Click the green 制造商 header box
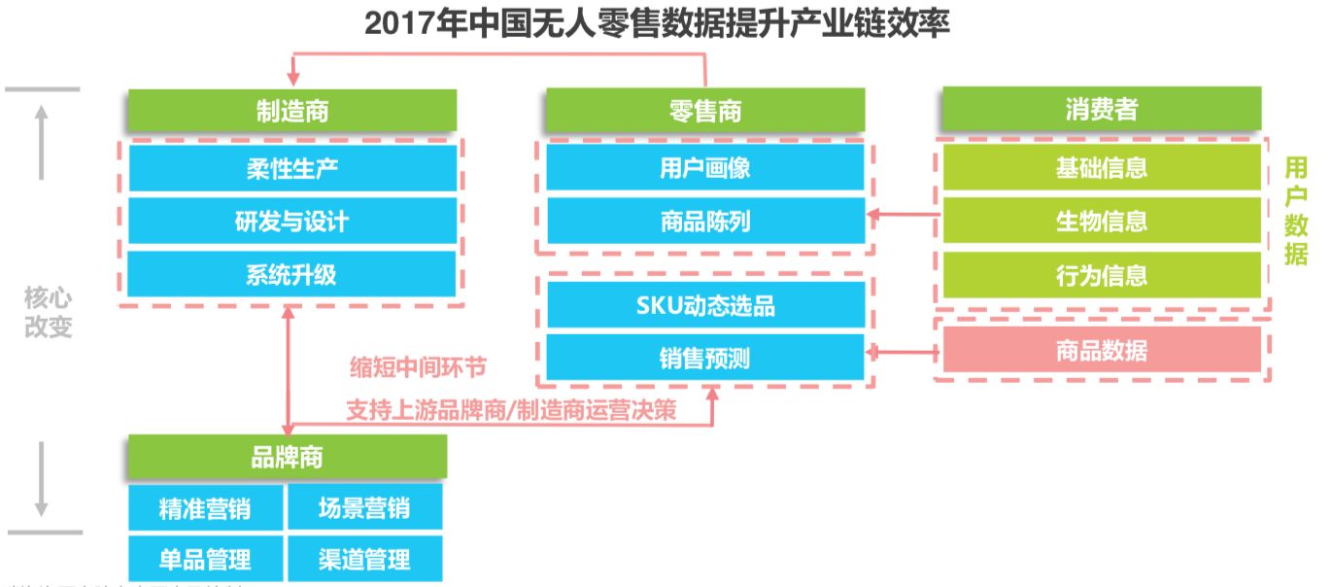(291, 111)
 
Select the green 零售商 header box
(705, 111)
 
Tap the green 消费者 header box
(1100, 110)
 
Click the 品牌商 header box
(287, 457)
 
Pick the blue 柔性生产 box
(291, 168)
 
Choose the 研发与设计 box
(291, 221)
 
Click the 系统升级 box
(291, 274)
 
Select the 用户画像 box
(705, 168)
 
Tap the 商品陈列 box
(705, 221)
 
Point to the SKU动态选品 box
(705, 306)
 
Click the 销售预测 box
(705, 359)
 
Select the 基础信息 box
(1101, 168)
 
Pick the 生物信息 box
(1101, 221)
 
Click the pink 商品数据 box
(1101, 350)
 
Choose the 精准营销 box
(205, 507)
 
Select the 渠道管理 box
(364, 559)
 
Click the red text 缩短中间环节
(418, 367)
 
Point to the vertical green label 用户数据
(1296, 211)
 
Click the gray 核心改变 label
(49, 312)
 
